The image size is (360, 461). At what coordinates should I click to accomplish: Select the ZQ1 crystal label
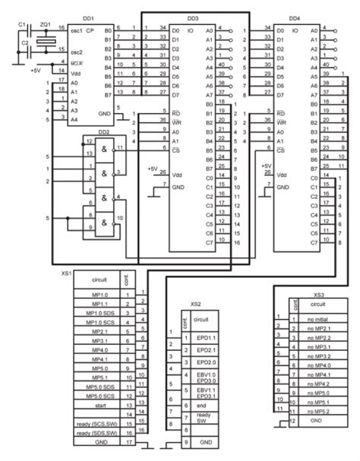pos(45,24)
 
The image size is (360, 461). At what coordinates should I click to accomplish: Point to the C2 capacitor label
pos(24,44)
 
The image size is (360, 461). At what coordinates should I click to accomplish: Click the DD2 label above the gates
pos(104,132)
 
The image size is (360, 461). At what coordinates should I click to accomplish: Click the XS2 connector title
pos(196,303)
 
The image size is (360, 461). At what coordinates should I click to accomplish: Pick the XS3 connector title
pos(319,292)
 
